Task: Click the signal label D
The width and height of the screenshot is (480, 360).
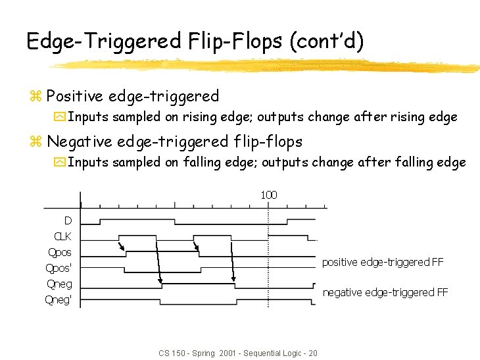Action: click(x=68, y=220)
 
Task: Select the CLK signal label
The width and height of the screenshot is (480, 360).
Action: click(x=62, y=236)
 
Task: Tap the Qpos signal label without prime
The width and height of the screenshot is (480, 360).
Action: click(x=60, y=252)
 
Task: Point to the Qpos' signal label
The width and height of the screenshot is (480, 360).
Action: click(x=59, y=268)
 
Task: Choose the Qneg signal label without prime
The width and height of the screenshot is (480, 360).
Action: click(x=60, y=284)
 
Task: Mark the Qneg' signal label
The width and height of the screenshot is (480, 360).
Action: click(x=59, y=300)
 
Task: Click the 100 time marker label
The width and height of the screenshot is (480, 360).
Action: click(x=269, y=195)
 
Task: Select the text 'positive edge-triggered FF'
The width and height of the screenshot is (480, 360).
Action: click(x=382, y=262)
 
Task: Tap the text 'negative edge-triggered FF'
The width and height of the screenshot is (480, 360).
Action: click(x=385, y=292)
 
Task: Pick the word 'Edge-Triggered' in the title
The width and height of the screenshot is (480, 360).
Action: click(x=103, y=41)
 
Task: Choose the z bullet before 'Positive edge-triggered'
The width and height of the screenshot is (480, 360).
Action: click(x=36, y=97)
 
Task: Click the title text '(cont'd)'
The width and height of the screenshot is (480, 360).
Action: click(x=327, y=41)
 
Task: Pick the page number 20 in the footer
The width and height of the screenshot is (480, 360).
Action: click(x=313, y=353)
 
